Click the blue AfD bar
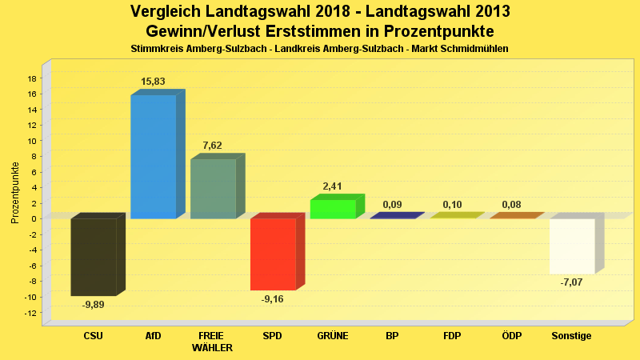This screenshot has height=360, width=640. [x=153, y=156]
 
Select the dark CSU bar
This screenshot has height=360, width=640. [x=94, y=257]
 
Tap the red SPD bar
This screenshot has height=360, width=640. [x=273, y=254]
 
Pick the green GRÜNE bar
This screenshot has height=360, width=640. [x=333, y=209]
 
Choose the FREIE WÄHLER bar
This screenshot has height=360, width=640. [x=213, y=189]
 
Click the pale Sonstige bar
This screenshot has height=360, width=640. [x=572, y=246]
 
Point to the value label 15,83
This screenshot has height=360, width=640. [x=153, y=82]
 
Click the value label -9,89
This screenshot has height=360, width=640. [x=94, y=304]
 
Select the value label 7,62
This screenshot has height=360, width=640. [x=213, y=146]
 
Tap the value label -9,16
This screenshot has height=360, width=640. [x=273, y=298]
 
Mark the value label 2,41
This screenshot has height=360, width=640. [x=333, y=186]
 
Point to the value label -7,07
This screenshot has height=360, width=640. [x=572, y=282]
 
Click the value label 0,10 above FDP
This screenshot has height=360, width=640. [x=452, y=205]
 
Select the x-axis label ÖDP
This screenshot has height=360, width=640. [x=512, y=336]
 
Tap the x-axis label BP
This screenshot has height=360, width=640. [x=392, y=336]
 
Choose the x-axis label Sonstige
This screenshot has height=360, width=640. [x=572, y=336]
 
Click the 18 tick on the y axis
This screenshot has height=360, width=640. [x=32, y=78]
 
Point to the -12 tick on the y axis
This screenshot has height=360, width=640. [x=30, y=313]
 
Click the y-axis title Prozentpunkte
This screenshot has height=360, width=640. [x=15, y=192]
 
